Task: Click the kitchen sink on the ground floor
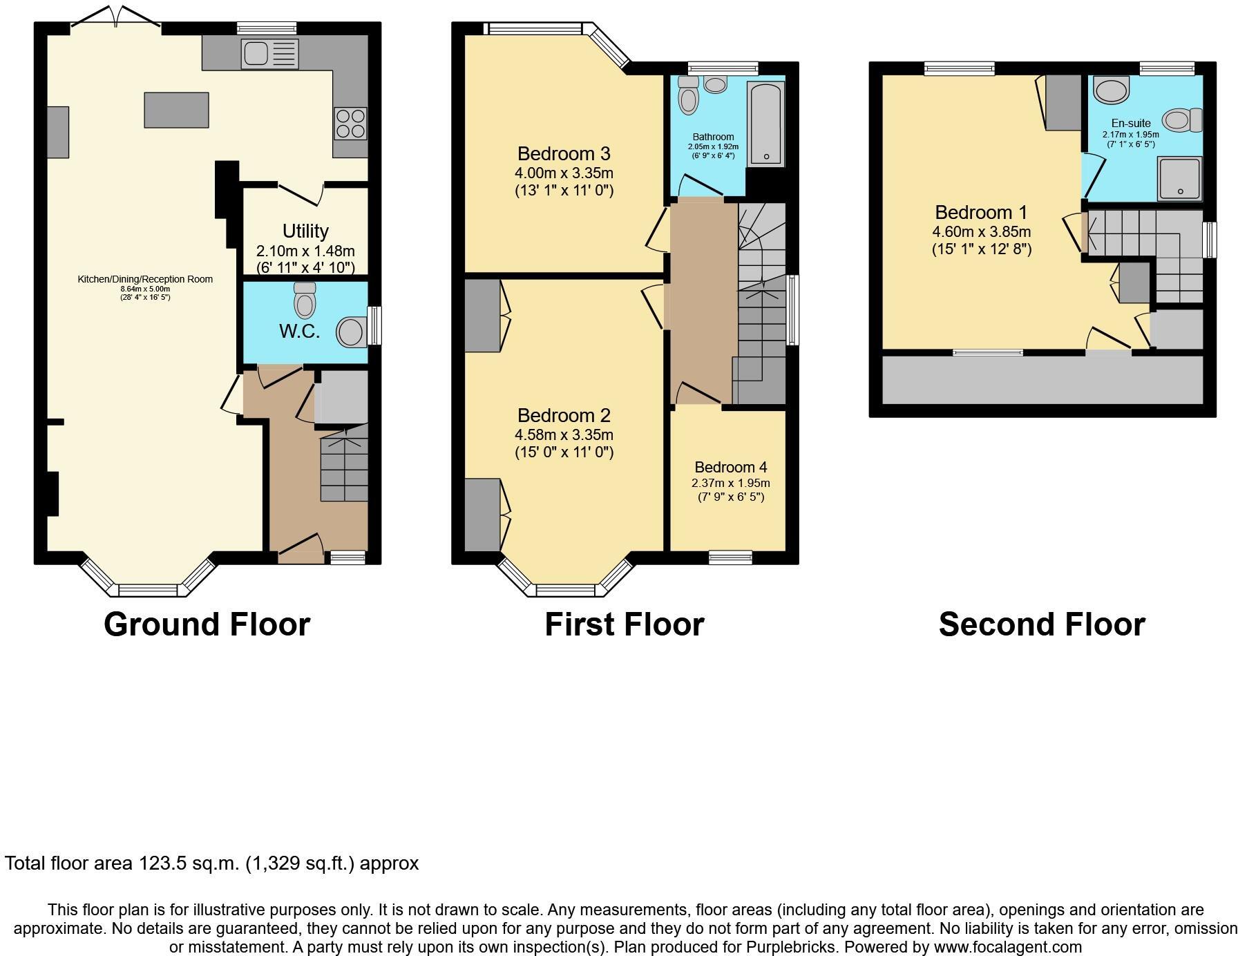tap(269, 54)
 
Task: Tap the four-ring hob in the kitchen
tap(350, 124)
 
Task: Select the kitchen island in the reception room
tap(176, 110)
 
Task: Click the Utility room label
tap(305, 231)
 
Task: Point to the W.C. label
tap(299, 331)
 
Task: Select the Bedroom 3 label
tap(564, 153)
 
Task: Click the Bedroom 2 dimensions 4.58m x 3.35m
tap(564, 435)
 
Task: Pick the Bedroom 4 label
tap(730, 467)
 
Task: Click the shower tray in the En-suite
tap(1180, 178)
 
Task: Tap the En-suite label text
tap(1131, 123)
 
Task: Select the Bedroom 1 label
tap(981, 212)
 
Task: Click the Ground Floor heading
tap(207, 624)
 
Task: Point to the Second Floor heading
tap(1041, 624)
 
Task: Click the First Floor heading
tap(624, 624)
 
